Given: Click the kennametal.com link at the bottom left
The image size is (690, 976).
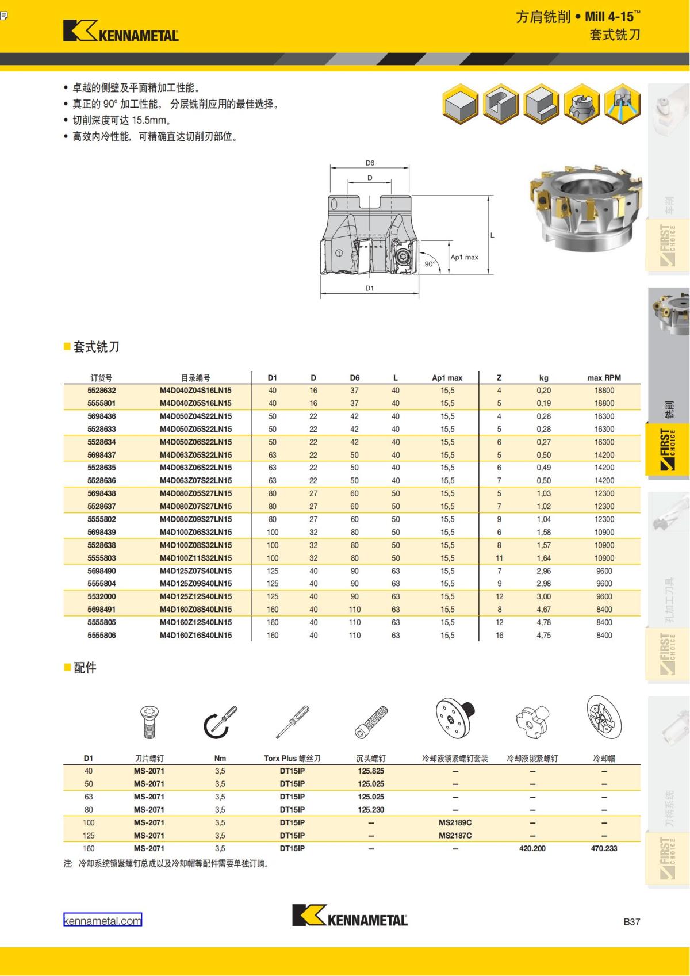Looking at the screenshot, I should pyautogui.click(x=102, y=920).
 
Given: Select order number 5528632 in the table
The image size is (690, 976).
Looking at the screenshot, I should pyautogui.click(x=101, y=391).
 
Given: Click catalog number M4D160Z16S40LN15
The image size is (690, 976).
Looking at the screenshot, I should pyautogui.click(x=195, y=636).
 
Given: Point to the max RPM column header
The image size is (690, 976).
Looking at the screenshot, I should pyautogui.click(x=604, y=378).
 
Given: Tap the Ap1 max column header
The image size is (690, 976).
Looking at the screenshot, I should pyautogui.click(x=447, y=378).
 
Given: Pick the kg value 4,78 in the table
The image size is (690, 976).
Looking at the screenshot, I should pyautogui.click(x=543, y=622).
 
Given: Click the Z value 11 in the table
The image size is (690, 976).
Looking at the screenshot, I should pyautogui.click(x=499, y=558).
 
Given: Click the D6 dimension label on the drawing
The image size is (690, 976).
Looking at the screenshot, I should pyautogui.click(x=370, y=163).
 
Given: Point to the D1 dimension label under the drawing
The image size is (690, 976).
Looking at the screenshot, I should pyautogui.click(x=369, y=288).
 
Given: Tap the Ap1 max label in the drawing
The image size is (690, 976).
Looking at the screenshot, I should pyautogui.click(x=464, y=257).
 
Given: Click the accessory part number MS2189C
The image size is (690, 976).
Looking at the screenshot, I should pyautogui.click(x=455, y=822).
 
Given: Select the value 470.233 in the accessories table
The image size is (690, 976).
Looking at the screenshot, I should pyautogui.click(x=604, y=848).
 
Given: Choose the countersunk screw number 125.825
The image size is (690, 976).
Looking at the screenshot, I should pyautogui.click(x=371, y=771).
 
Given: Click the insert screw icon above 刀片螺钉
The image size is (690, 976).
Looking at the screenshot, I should pyautogui.click(x=149, y=723).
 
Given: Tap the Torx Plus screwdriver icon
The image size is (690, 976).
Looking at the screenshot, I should pyautogui.click(x=292, y=723).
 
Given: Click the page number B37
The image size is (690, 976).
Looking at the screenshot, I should pyautogui.click(x=631, y=921).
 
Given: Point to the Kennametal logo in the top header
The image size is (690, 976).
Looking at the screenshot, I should pyautogui.click(x=121, y=31).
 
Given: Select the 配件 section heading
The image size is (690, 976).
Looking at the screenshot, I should pyautogui.click(x=85, y=668).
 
